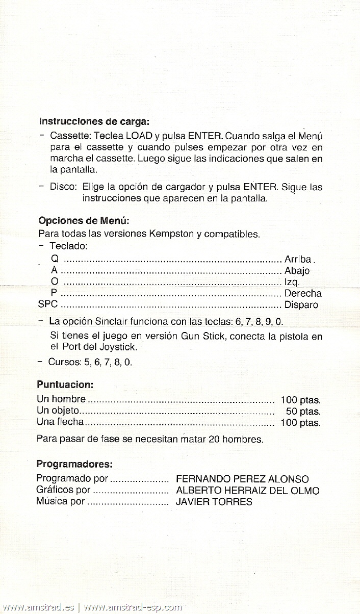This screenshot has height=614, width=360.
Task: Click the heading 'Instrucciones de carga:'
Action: [94, 122]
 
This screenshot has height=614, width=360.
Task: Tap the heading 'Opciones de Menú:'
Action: [84, 221]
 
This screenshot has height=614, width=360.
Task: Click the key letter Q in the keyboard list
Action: [55, 260]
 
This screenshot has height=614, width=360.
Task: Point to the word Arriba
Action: [298, 260]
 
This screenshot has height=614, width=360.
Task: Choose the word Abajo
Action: [297, 271]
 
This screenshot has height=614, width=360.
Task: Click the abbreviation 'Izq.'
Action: [292, 282]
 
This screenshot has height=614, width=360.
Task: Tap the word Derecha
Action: [303, 293]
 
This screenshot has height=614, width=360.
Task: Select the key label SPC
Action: [48, 305]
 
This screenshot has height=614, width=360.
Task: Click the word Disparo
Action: [301, 305]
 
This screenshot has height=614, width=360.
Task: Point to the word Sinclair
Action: [111, 322]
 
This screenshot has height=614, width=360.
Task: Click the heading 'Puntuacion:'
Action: [65, 384]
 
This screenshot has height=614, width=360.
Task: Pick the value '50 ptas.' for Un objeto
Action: [303, 412]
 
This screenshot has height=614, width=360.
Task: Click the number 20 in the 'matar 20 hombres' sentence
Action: [214, 439]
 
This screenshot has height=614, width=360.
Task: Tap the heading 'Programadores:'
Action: [74, 465]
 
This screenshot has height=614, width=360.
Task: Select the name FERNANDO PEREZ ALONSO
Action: [242, 479]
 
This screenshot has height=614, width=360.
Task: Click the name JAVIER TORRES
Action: [214, 502]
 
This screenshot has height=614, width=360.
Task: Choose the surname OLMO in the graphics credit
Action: [304, 491]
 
